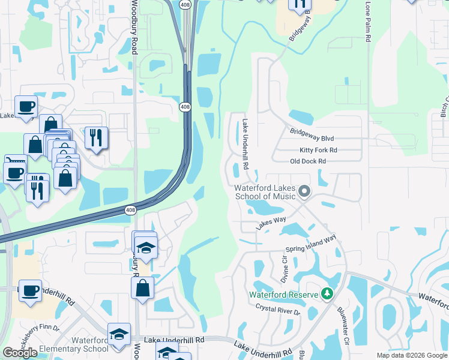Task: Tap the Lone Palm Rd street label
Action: [368, 21]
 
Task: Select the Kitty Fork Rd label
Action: [318, 150]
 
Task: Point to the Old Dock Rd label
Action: [307, 161]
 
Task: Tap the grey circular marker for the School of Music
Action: [304, 192]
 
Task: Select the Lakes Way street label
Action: [271, 222]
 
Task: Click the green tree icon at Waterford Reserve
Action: [327, 294]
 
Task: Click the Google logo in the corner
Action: [20, 353]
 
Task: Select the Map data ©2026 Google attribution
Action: [411, 355]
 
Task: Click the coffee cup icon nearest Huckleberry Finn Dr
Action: [30, 290]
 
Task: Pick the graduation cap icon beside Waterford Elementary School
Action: [119, 334]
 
